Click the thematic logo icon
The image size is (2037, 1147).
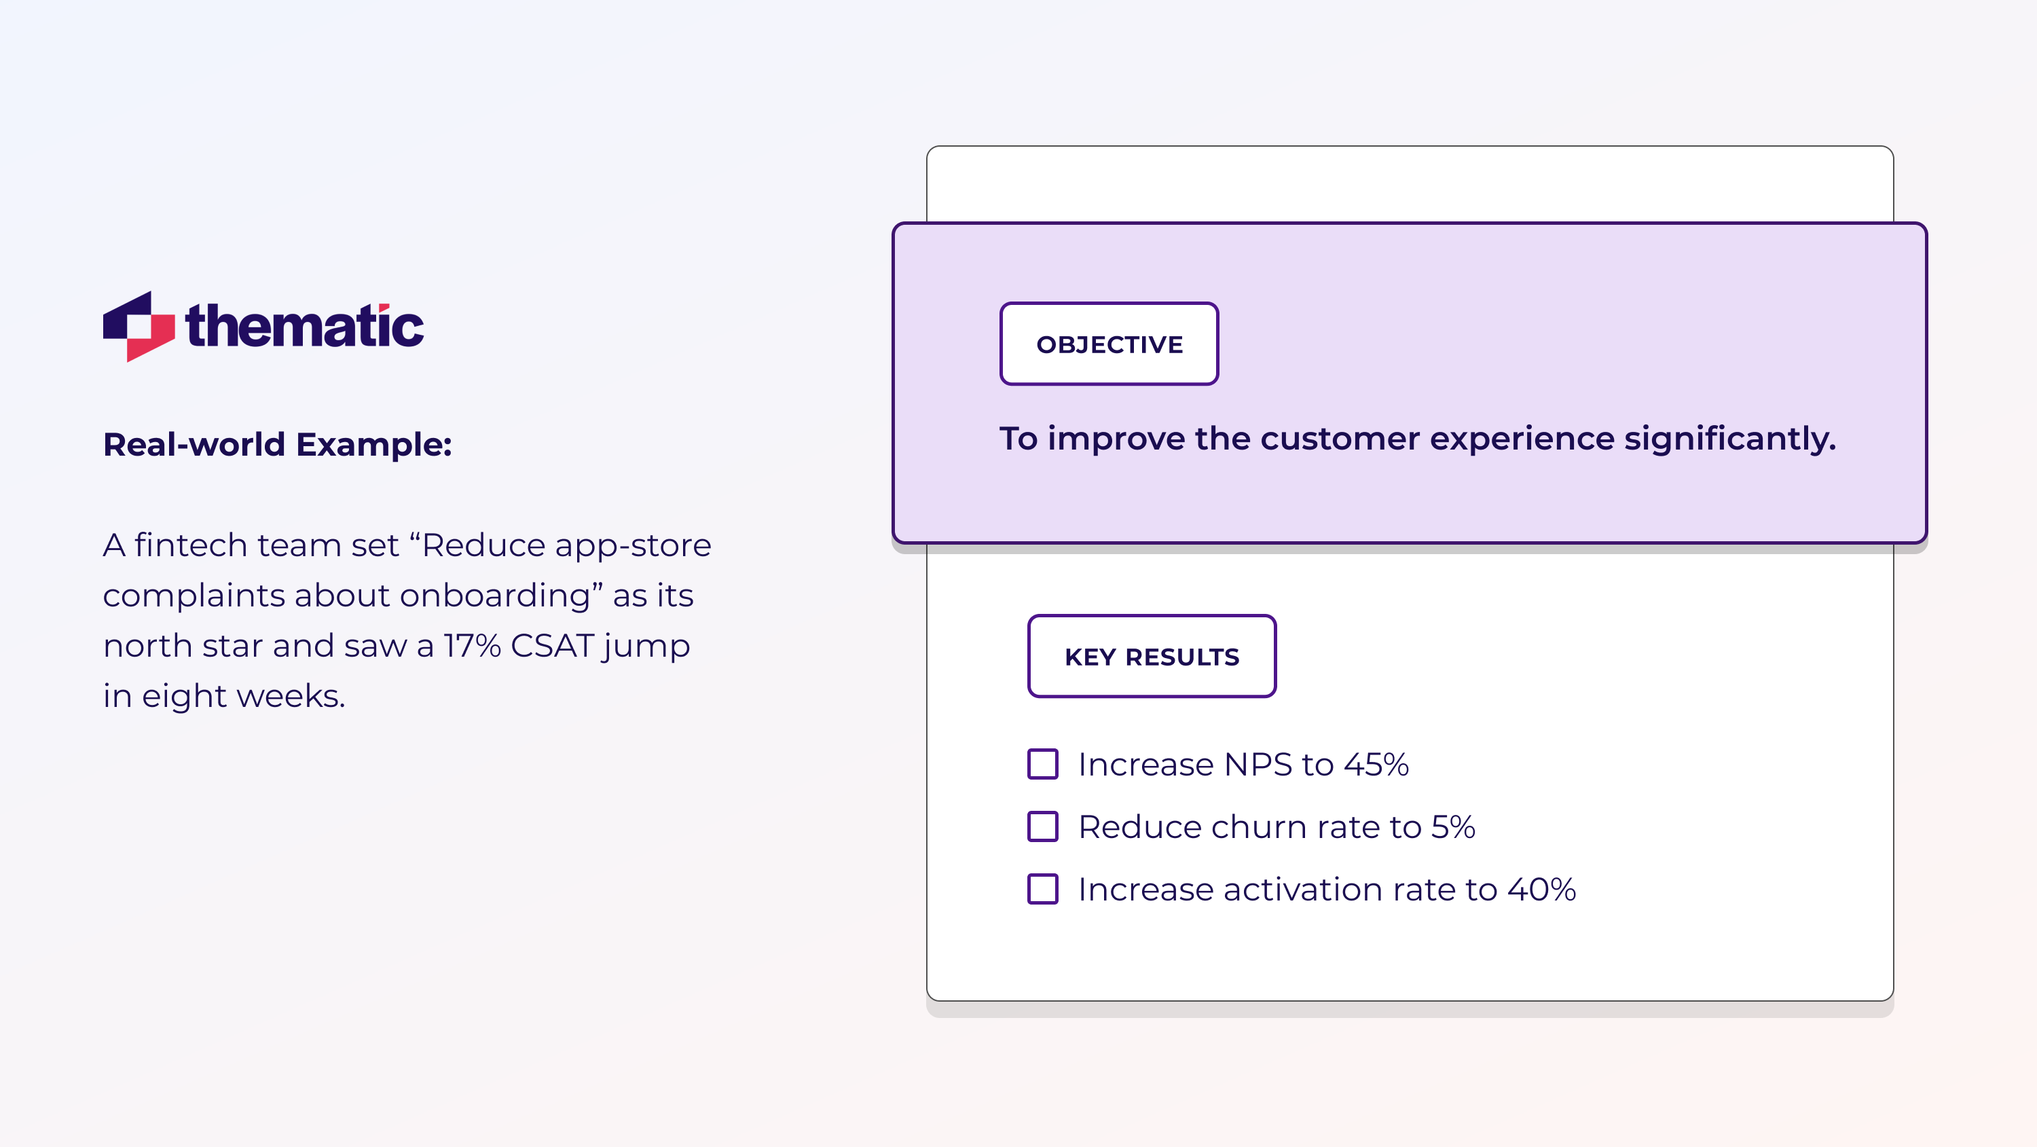139,326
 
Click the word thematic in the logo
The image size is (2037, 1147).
304,326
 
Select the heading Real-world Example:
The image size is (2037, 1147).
278,445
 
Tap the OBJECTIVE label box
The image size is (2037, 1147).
1109,344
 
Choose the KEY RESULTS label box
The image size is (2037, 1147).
1152,657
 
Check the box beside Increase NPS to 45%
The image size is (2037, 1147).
1042,764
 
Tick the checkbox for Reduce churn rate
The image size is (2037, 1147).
1042,826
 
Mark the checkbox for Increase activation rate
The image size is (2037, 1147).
1042,889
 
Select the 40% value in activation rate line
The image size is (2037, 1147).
1541,890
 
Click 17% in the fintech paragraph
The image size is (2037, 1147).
472,645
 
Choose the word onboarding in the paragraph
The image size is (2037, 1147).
495,596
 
